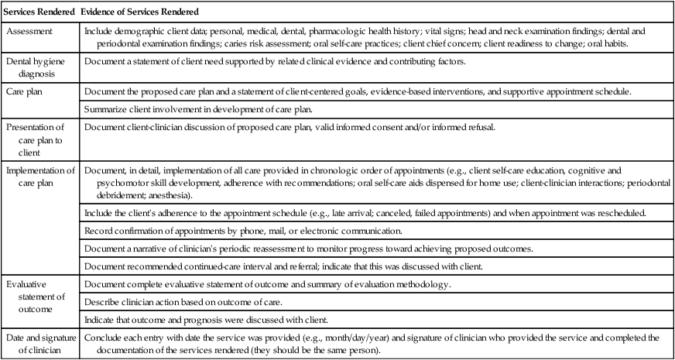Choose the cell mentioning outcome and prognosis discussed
235,320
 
